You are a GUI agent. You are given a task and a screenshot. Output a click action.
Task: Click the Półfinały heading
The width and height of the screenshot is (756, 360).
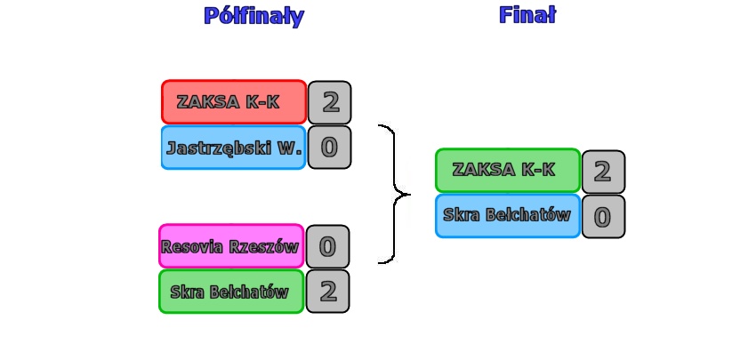point(253,16)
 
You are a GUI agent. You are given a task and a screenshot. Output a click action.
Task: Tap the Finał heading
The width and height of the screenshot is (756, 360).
point(527,15)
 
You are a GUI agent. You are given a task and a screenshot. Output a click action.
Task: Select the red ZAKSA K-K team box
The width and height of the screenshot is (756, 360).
point(234,102)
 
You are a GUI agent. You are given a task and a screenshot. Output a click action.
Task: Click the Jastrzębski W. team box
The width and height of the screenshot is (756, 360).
point(234,148)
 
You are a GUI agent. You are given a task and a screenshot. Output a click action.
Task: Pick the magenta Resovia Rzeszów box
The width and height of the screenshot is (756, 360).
point(231,246)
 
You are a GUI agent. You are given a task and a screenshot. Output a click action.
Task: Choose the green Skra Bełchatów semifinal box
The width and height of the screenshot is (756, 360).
point(231,292)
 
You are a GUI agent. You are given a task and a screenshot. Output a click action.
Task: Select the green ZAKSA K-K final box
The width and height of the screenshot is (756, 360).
point(508,170)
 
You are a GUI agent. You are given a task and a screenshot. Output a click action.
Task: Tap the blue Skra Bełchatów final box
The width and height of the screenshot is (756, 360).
point(508,215)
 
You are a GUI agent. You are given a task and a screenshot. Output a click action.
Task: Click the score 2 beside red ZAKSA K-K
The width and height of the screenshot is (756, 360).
point(330,102)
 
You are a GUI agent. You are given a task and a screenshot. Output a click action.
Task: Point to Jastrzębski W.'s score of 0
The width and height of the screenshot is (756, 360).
point(329,148)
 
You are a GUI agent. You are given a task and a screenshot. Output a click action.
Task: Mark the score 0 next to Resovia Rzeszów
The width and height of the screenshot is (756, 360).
point(327,246)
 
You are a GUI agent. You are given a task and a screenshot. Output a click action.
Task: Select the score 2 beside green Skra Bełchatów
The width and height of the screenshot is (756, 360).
point(327,292)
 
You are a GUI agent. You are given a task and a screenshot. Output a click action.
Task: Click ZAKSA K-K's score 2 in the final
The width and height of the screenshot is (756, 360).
point(603,172)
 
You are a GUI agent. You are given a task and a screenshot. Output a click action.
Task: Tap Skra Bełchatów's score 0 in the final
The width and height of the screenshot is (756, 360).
point(603,217)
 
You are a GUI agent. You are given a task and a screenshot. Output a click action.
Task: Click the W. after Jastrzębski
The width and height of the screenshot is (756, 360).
point(290,148)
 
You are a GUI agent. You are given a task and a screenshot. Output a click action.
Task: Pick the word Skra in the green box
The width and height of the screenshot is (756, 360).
point(187,292)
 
